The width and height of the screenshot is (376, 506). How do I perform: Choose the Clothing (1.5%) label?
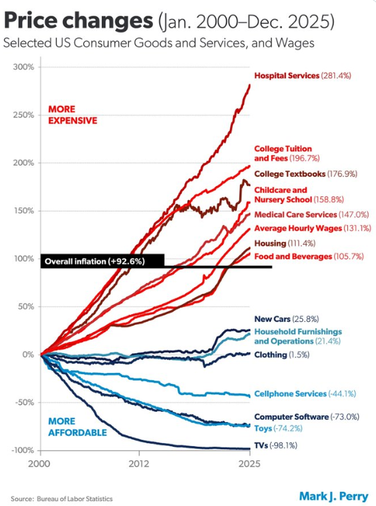click(282, 355)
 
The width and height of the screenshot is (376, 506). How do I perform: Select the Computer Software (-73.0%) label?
click(306, 417)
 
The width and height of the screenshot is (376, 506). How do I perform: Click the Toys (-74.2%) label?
click(281, 429)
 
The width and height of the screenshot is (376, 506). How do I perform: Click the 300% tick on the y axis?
click(23, 67)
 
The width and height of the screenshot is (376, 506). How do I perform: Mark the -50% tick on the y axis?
click(25, 402)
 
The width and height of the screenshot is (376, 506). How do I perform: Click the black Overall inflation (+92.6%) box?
click(102, 261)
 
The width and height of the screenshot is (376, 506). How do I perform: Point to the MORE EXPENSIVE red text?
click(72, 115)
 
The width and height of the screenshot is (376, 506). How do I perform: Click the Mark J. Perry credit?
click(333, 496)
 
